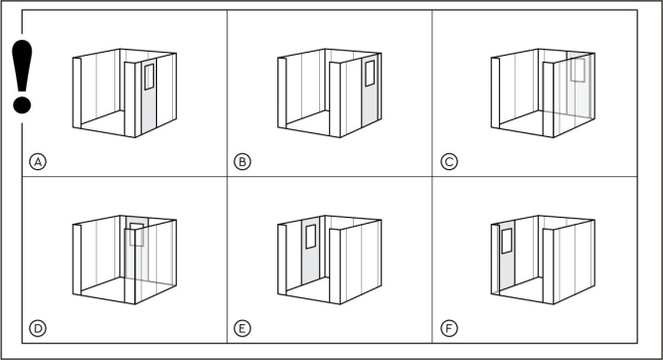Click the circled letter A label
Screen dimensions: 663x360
pyautogui.click(x=38, y=161)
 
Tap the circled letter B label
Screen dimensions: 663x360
pyautogui.click(x=243, y=161)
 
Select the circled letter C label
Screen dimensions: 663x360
pyautogui.click(x=449, y=161)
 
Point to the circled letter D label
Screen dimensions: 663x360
pyautogui.click(x=38, y=328)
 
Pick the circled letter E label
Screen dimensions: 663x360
pyautogui.click(x=243, y=328)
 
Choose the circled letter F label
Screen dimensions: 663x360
pyautogui.click(x=449, y=328)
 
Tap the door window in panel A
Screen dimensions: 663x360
pyautogui.click(x=149, y=77)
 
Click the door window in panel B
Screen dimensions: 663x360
pyautogui.click(x=370, y=74)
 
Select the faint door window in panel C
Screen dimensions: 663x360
pyautogui.click(x=578, y=70)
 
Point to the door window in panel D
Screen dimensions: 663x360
pyautogui.click(x=137, y=235)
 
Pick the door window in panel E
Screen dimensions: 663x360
pyautogui.click(x=311, y=237)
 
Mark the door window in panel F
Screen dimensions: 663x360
pyautogui.click(x=507, y=241)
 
